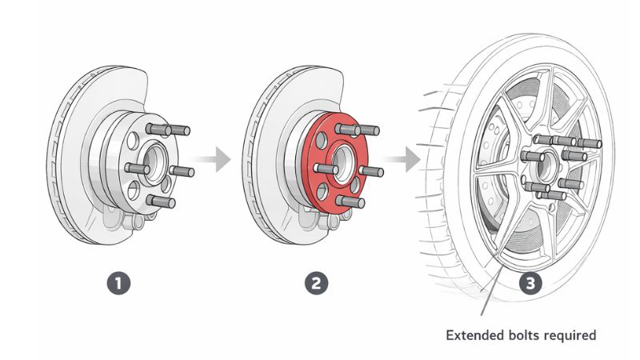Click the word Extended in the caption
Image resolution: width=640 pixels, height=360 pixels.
(474, 334)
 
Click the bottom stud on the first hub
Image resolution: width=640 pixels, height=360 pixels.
(163, 202)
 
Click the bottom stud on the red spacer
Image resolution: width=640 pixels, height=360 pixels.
(353, 202)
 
